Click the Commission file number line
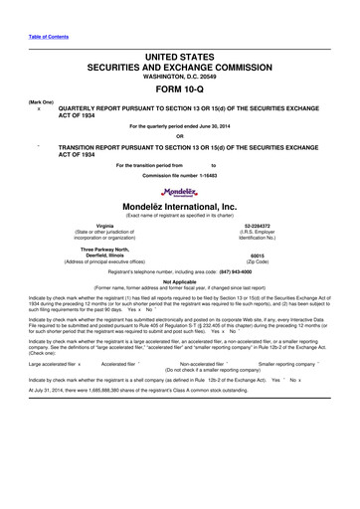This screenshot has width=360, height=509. pyautogui.click(x=180, y=177)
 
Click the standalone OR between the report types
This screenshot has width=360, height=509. pyautogui.click(x=180, y=136)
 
